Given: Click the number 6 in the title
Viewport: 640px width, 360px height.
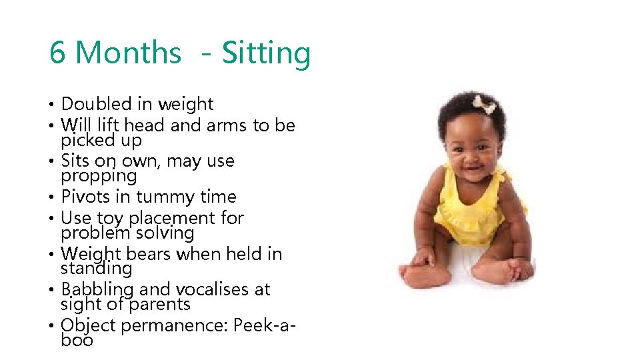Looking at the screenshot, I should pyautogui.click(x=58, y=53).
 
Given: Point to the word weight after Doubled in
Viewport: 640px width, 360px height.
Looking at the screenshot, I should pyautogui.click(x=185, y=104).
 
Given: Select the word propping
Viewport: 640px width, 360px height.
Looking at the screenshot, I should pyautogui.click(x=99, y=177).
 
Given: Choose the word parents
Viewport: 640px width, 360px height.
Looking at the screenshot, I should pyautogui.click(x=160, y=305).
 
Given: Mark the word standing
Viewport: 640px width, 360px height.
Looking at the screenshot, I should pyautogui.click(x=96, y=269).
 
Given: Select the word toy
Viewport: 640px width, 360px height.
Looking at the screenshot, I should pyautogui.click(x=110, y=218).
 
